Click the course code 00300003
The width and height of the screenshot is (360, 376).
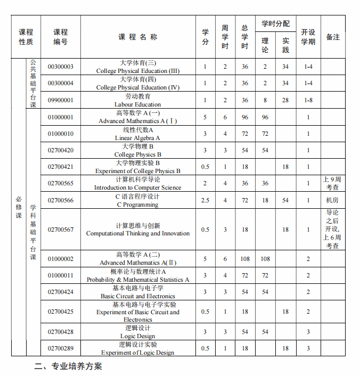[61, 67]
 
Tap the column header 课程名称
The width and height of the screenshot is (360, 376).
[138, 37]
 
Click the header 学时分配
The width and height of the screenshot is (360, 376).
[275, 24]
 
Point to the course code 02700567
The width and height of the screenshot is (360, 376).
[61, 230]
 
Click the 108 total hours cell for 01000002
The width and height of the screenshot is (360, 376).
[245, 259]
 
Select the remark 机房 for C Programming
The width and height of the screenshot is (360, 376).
[332, 200]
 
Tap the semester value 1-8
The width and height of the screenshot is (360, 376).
[308, 100]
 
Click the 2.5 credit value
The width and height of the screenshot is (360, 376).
[206, 200]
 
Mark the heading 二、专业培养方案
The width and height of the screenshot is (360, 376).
[68, 366]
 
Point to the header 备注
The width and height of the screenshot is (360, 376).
[333, 37]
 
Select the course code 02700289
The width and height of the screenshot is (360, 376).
[61, 348]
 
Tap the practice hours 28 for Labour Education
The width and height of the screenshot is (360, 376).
[285, 100]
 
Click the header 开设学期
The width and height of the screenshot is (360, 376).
[308, 37]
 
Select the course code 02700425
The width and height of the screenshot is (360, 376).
[61, 312]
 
